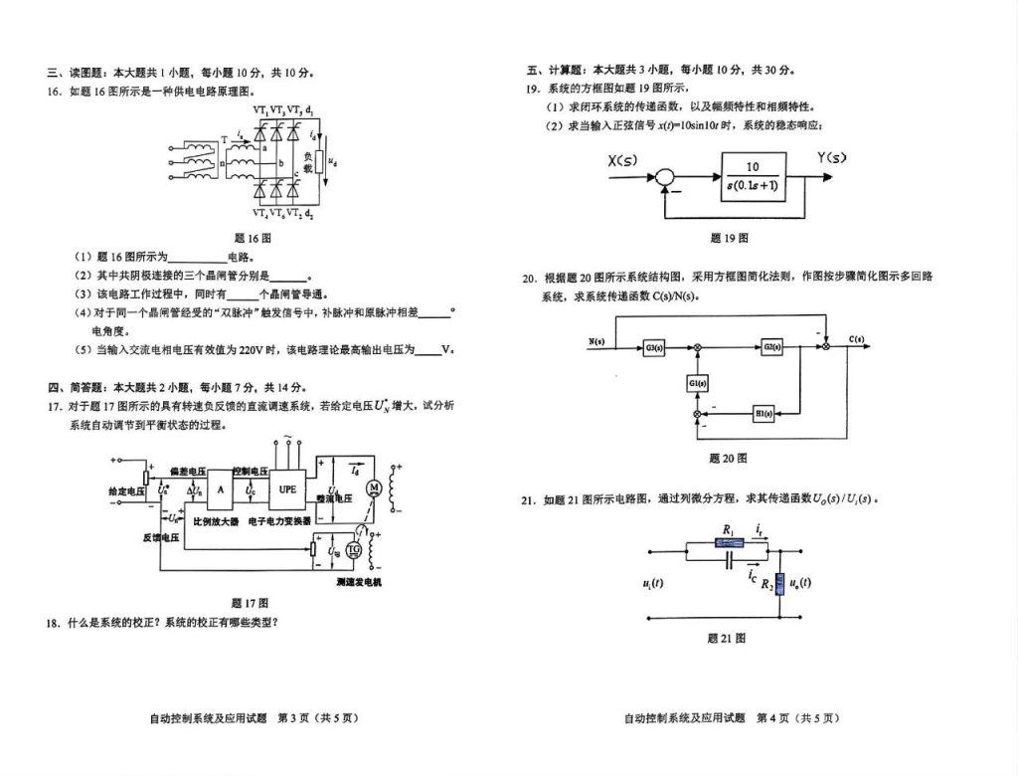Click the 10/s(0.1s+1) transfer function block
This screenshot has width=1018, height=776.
tap(753, 176)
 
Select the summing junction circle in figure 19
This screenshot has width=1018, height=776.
tap(662, 177)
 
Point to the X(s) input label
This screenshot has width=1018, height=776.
tap(621, 160)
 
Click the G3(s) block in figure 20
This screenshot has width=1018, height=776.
tap(654, 346)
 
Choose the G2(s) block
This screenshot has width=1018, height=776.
tap(771, 346)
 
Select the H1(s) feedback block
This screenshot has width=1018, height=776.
tap(763, 413)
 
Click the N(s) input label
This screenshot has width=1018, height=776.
tap(596, 341)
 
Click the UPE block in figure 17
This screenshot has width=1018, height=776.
tap(287, 488)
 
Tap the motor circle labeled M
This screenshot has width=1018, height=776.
tap(375, 486)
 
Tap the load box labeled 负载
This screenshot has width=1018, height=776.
tap(308, 162)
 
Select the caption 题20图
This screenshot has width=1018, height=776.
tap(728, 459)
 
